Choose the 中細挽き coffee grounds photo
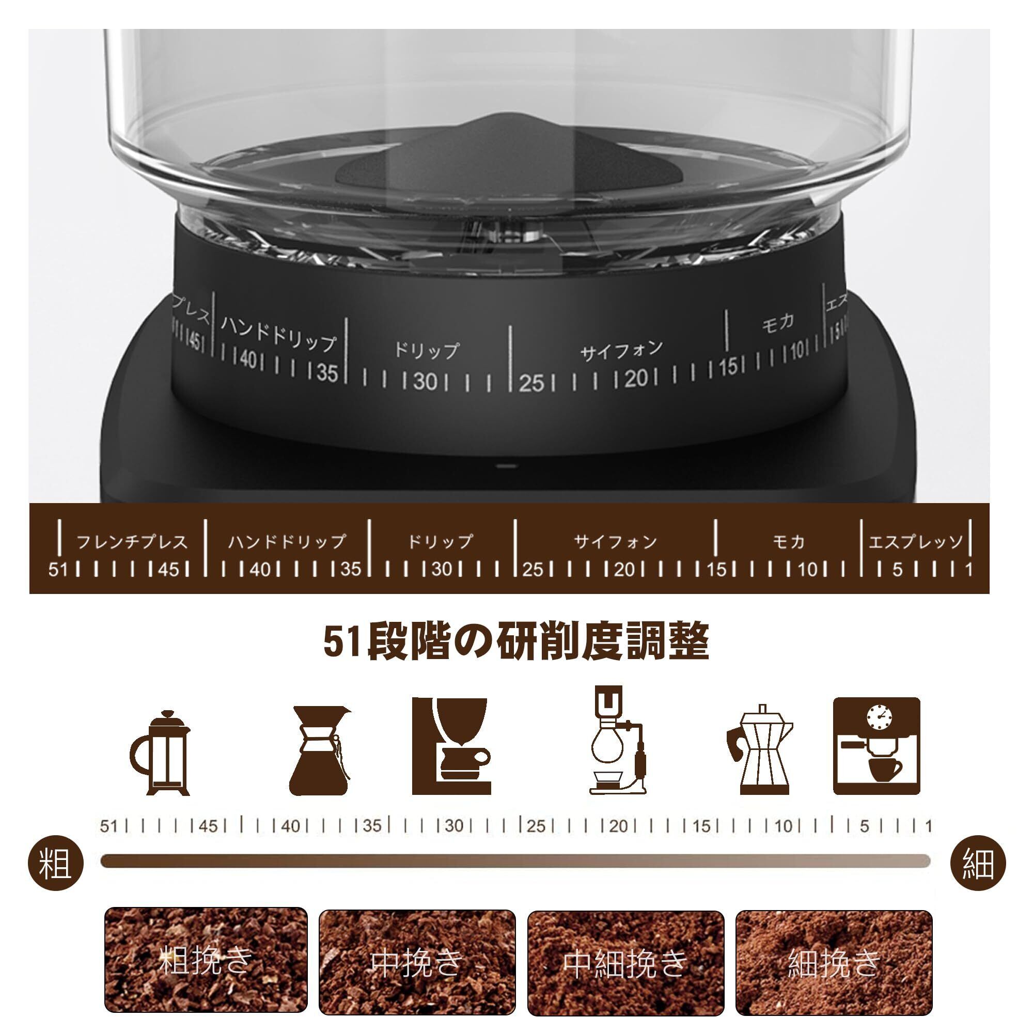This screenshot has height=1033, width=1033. (625, 962)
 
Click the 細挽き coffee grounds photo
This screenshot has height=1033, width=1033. (834, 962)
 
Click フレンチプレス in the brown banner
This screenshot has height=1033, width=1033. (132, 542)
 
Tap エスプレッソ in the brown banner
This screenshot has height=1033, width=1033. (916, 542)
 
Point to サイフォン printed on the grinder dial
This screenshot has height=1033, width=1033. (621, 351)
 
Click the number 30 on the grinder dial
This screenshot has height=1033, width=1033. (426, 381)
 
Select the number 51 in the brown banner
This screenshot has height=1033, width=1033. (58, 570)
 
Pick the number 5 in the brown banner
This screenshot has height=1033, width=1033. (897, 570)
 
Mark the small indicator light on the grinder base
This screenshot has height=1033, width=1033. (504, 466)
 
